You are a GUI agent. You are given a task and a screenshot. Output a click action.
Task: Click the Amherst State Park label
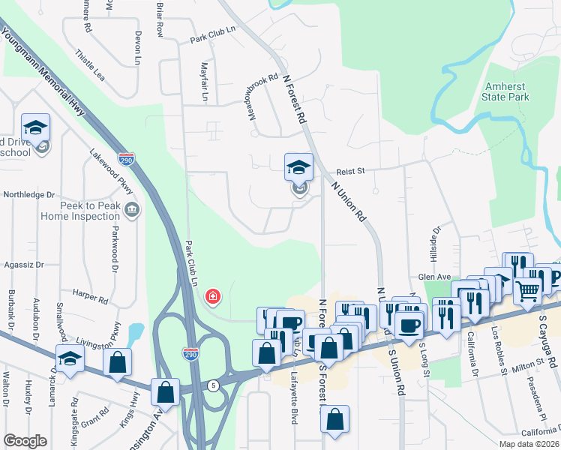(x=507, y=91)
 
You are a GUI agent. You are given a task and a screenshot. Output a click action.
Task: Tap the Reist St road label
(x=350, y=171)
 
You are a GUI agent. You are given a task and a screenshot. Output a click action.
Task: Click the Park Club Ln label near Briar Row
(x=212, y=38)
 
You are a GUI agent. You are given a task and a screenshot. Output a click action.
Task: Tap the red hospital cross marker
(x=213, y=298)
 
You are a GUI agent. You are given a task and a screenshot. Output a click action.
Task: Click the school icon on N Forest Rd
(x=298, y=169)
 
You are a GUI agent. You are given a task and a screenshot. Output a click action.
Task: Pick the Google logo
(x=25, y=441)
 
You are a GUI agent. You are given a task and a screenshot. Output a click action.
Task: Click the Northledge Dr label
(x=29, y=194)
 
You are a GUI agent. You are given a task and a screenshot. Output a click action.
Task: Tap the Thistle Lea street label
(x=90, y=63)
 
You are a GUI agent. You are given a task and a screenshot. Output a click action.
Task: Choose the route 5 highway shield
(x=214, y=385)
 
